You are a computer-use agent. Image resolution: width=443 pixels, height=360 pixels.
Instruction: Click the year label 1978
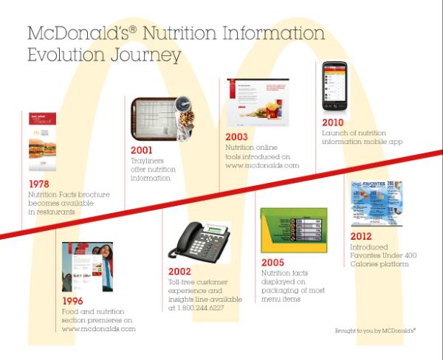(39, 183)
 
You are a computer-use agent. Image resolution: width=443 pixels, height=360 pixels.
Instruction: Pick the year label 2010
(334, 122)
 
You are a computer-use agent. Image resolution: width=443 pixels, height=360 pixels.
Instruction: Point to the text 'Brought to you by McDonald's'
(375, 333)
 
